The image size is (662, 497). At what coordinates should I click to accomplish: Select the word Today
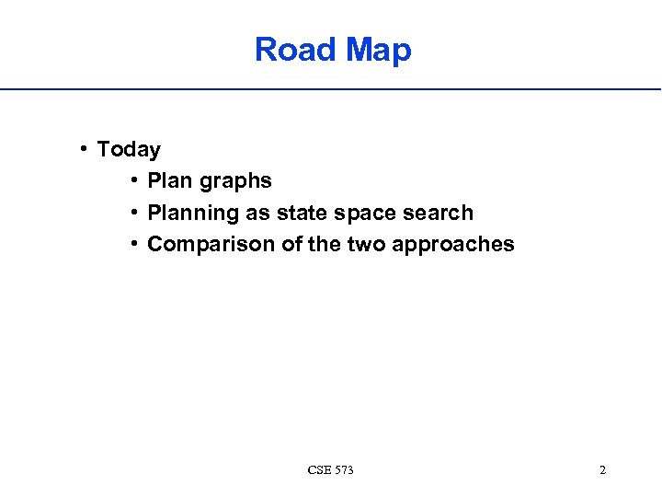129,149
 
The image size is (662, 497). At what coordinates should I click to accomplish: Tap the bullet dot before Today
84,148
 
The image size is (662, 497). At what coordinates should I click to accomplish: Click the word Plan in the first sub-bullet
168,181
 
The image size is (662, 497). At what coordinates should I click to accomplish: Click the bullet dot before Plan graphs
134,180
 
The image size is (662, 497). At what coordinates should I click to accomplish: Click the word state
302,213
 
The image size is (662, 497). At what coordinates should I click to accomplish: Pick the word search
439,213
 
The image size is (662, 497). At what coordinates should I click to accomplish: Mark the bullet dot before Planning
134,212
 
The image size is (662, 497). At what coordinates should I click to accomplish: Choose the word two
368,244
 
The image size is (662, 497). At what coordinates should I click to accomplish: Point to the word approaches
455,245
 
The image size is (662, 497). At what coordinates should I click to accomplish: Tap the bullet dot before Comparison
134,243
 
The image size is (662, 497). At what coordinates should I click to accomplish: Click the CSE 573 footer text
331,470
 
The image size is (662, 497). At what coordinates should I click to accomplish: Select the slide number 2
602,470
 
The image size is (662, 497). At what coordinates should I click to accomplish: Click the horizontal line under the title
331,89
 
